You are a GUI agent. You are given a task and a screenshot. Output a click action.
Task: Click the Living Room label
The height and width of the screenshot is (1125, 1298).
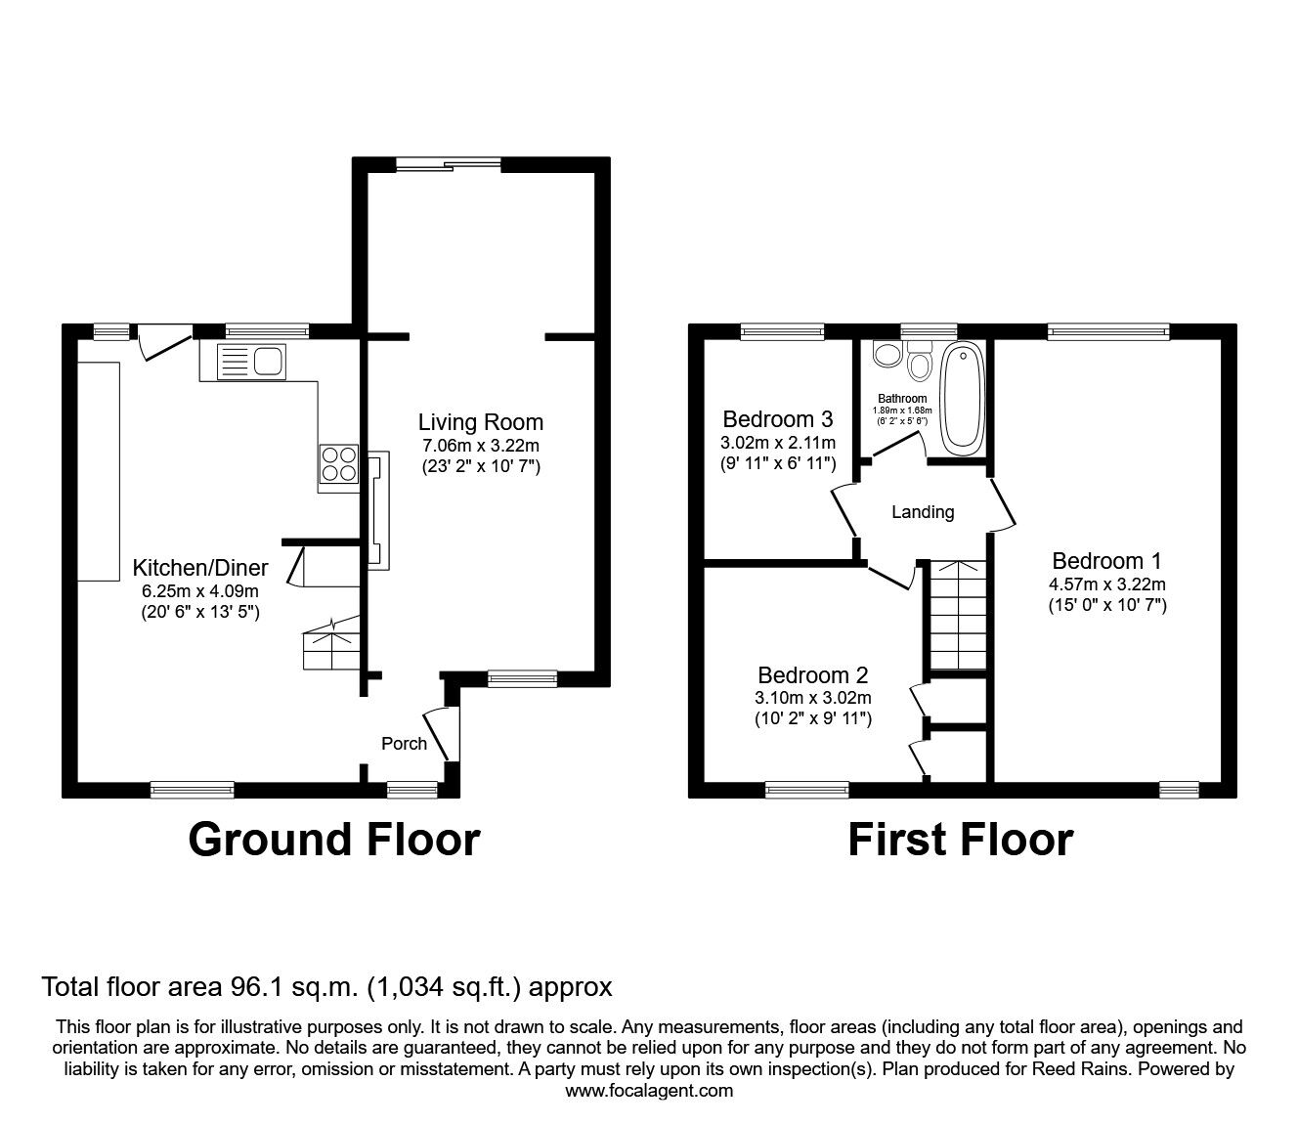click(x=480, y=422)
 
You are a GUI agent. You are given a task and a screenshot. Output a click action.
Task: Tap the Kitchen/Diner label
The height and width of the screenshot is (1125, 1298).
click(x=200, y=568)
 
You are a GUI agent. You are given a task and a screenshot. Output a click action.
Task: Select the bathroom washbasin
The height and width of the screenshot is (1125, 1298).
click(x=887, y=354)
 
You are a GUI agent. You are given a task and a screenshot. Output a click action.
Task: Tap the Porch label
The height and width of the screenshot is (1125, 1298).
click(x=404, y=744)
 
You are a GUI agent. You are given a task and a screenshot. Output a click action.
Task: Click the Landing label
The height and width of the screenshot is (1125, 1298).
click(x=923, y=512)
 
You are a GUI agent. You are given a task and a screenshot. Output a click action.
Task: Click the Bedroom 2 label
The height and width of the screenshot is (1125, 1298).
click(x=813, y=675)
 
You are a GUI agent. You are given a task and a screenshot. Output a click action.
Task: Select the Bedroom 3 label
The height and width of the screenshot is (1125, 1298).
click(x=777, y=419)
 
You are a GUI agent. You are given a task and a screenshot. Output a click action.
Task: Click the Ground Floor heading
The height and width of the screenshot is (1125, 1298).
click(x=333, y=840)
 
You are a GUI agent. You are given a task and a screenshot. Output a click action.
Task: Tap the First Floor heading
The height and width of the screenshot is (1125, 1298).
click(x=960, y=840)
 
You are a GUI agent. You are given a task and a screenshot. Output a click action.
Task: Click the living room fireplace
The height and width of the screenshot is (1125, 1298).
click(x=377, y=510)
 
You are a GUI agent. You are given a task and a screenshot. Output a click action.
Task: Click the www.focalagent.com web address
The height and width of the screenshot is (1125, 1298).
click(x=649, y=1091)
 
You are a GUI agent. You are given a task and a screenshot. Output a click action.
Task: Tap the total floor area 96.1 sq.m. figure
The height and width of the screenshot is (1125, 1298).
click(x=326, y=987)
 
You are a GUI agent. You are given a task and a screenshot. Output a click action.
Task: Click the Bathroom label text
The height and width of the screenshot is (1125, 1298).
click(x=902, y=399)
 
